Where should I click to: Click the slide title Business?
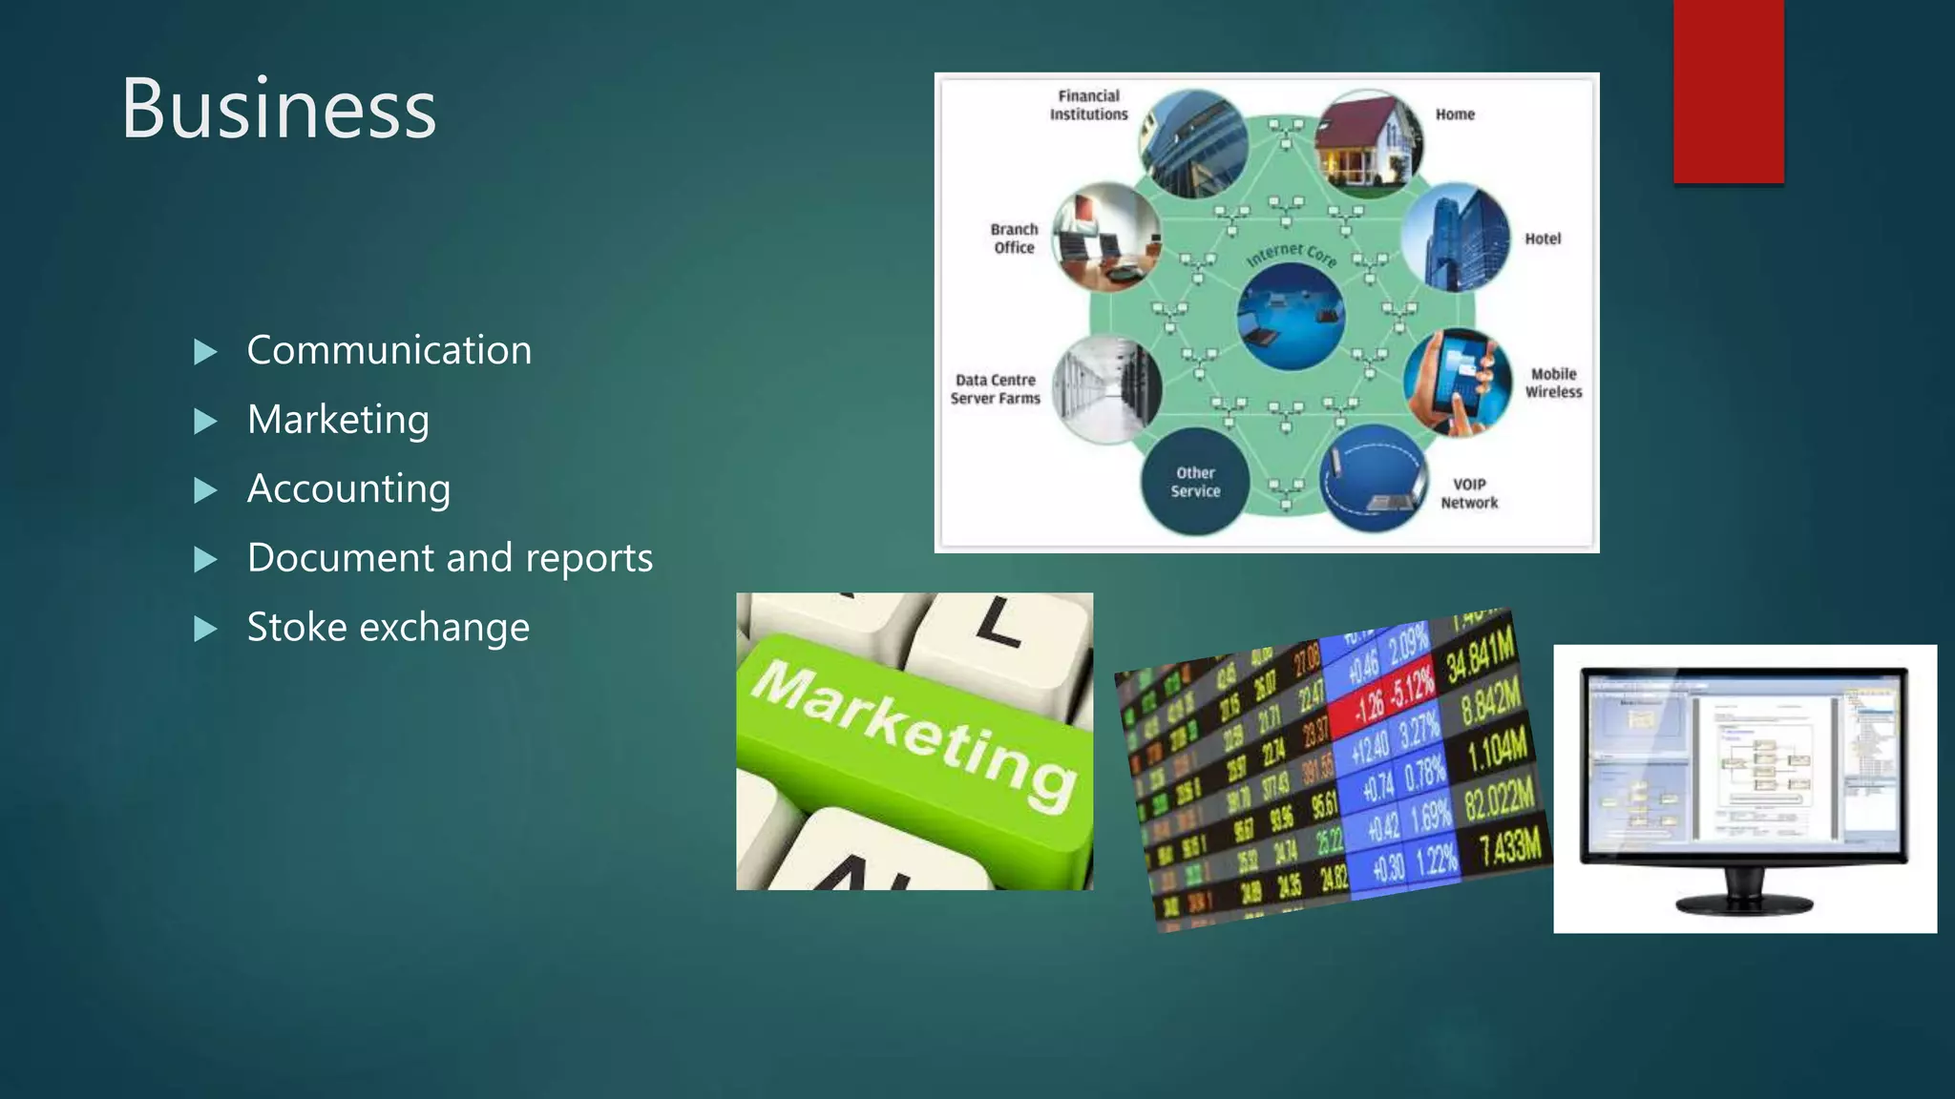pos(278,109)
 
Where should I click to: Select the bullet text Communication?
pos(389,350)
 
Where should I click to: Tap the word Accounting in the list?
pos(348,488)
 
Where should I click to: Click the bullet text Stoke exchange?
pos(388,627)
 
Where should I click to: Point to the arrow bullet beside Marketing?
pos(205,421)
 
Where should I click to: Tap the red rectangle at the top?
pos(1728,91)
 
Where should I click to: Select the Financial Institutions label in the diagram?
pos(1088,105)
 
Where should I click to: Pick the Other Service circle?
pos(1195,482)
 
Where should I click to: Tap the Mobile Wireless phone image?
pos(1458,383)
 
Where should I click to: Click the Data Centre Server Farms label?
pos(995,389)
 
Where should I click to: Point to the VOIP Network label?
pos(1469,493)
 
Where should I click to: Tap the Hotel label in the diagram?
pos(1542,238)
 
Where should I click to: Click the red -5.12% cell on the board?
pos(1411,686)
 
